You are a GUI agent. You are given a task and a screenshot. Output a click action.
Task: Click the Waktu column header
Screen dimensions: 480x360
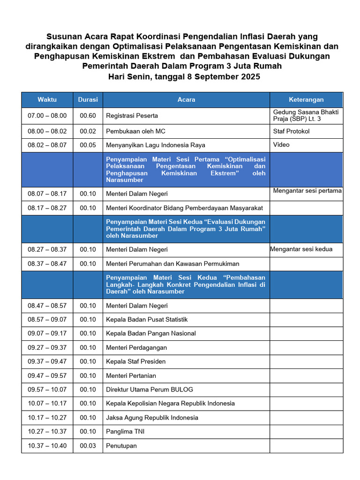coord(47,99)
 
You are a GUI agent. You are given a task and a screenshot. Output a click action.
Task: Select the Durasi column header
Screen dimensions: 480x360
coord(88,99)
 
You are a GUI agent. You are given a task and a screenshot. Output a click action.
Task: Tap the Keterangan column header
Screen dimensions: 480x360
coord(306,99)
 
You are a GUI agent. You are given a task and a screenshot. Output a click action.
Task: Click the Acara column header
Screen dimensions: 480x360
coord(186,99)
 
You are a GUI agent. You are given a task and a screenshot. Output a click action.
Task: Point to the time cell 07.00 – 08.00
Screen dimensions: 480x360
coord(47,115)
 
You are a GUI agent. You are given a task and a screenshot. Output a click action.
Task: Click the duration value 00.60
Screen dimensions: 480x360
coord(88,115)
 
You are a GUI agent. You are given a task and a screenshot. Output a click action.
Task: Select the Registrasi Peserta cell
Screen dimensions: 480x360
coord(132,115)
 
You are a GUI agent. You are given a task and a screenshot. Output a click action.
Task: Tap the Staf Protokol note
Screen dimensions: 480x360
coord(291,131)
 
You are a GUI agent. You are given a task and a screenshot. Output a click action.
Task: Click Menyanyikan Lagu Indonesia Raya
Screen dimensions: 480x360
coord(156,145)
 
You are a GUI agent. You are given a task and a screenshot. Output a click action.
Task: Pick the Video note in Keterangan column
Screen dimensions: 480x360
coord(281,145)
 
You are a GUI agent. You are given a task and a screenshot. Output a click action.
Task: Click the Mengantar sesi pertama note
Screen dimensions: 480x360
coord(307,191)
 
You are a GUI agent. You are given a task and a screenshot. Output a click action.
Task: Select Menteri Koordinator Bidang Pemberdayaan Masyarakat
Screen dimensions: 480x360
coord(184,208)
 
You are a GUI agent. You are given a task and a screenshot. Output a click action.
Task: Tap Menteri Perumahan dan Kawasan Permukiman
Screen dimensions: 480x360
coord(172,264)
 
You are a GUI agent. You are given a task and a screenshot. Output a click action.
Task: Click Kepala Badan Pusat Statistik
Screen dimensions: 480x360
coord(147,320)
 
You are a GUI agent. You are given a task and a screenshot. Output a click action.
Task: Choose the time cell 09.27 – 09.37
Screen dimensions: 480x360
coord(47,348)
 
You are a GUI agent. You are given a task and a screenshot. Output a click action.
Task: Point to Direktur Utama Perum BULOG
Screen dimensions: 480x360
coord(150,390)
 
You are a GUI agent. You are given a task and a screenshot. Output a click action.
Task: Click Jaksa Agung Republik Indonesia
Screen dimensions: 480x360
coord(152,418)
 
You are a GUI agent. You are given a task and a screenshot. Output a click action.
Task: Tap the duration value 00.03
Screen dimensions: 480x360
coord(88,446)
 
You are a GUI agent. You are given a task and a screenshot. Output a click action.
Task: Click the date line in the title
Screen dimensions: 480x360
coord(184,76)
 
